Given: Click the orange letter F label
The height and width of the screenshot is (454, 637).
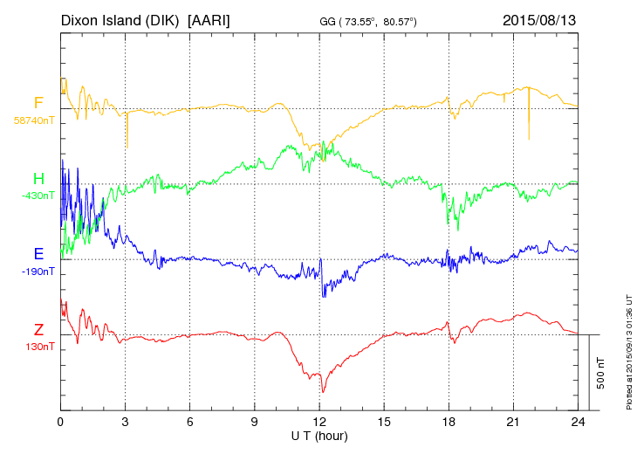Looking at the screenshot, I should click(x=38, y=103).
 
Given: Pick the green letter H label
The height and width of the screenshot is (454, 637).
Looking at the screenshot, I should click(x=38, y=178).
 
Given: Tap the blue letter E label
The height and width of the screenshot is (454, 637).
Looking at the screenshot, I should click(x=38, y=254).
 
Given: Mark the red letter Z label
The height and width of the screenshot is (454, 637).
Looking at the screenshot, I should click(x=38, y=329).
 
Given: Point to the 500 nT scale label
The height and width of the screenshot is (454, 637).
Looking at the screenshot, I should click(x=601, y=373).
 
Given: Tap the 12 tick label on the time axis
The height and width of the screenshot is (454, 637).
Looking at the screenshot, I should click(x=319, y=421).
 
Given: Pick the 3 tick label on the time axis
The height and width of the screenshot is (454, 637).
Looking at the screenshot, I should click(x=126, y=421).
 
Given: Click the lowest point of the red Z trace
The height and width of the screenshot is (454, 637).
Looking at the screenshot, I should click(x=323, y=392).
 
